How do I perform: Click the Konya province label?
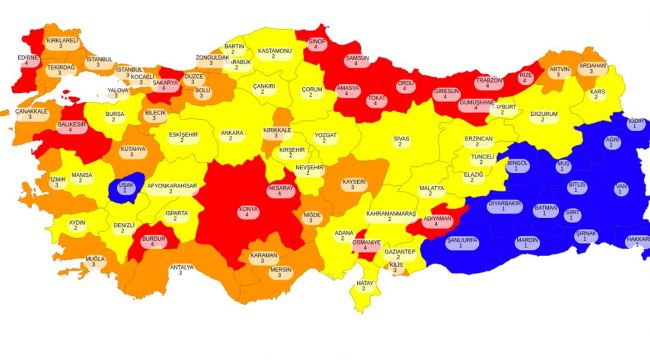pos(247,212)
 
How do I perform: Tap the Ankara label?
pos(232,135)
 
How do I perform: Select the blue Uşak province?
pos(125,187)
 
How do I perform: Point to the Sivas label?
pos(402,141)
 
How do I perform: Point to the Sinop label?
pos(317,44)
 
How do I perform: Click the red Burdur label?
pos(154,241)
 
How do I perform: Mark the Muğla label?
pos(95,261)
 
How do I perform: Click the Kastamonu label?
pos(274,52)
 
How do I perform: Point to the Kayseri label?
pos(354,185)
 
